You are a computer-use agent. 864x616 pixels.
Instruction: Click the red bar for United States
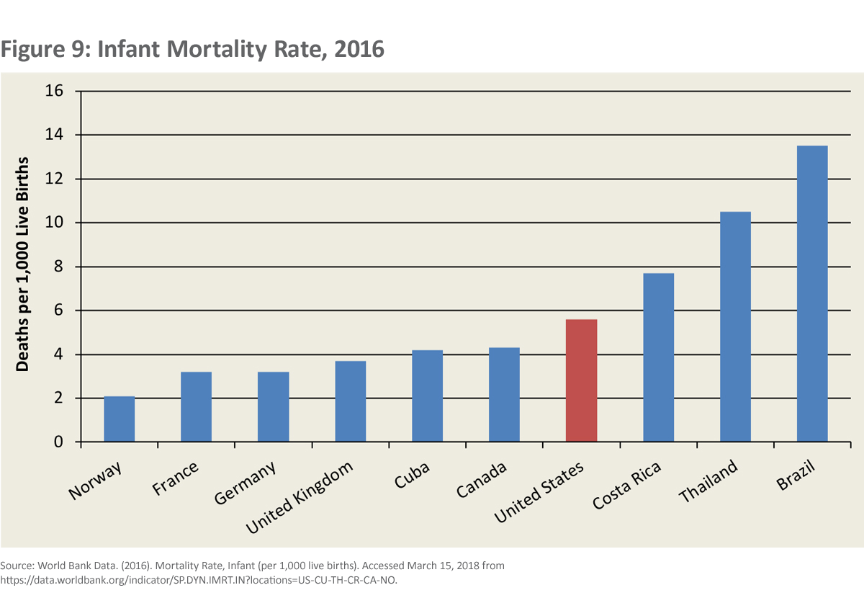click(x=581, y=380)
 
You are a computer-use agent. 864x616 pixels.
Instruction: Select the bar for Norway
click(x=120, y=419)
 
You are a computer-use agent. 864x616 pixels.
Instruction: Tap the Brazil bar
click(x=812, y=294)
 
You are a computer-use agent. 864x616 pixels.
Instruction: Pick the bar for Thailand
click(x=735, y=326)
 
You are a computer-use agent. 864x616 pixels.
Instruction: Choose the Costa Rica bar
click(x=658, y=357)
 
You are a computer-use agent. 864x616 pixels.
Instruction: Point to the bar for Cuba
click(x=427, y=396)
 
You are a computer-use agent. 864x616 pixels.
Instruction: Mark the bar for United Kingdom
click(x=351, y=401)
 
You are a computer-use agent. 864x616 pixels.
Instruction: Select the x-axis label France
click(x=175, y=478)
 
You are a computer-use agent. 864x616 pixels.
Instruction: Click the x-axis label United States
click(x=539, y=493)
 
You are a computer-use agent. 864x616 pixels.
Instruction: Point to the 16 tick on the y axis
click(x=55, y=91)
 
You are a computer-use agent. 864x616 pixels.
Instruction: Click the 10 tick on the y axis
click(x=55, y=223)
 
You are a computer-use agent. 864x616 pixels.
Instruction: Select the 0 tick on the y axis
click(x=60, y=442)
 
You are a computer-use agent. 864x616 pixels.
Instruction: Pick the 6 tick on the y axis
click(x=60, y=311)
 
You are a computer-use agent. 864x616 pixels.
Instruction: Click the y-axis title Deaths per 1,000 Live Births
click(x=23, y=264)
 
